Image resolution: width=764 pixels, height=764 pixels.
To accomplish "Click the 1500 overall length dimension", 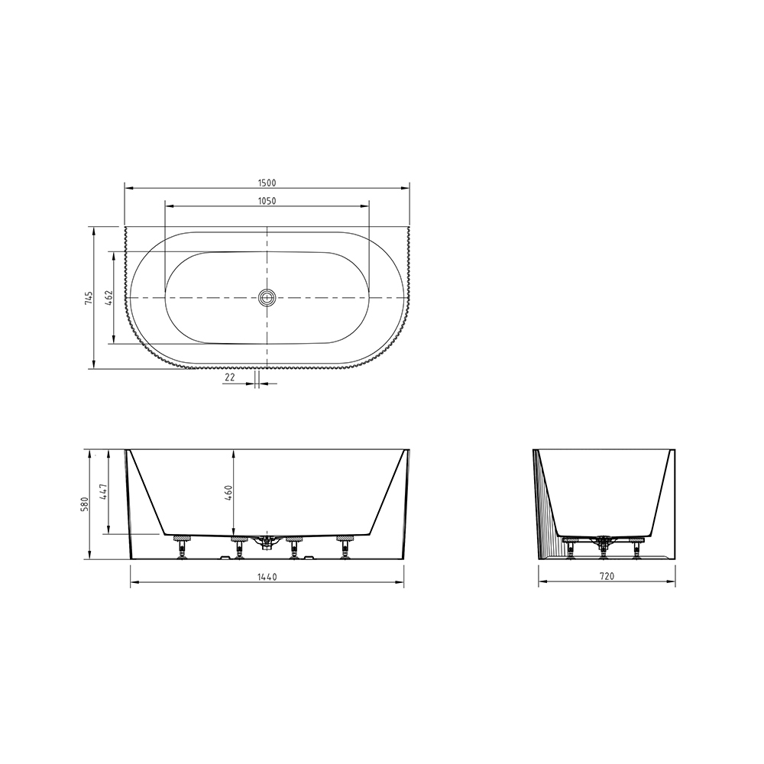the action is (x=267, y=183).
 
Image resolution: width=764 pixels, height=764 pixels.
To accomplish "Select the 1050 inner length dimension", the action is (x=267, y=201).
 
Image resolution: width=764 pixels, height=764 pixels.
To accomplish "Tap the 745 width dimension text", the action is (x=88, y=298).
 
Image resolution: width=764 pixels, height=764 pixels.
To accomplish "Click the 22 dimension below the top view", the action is (x=230, y=377).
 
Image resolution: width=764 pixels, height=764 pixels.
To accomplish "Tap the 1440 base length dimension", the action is (x=267, y=577).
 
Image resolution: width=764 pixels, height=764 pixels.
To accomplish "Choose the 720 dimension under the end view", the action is (x=607, y=576).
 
